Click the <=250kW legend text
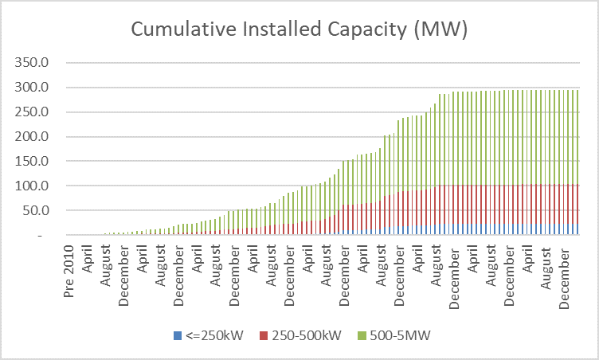click(207, 336)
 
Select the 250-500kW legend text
click(307, 336)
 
